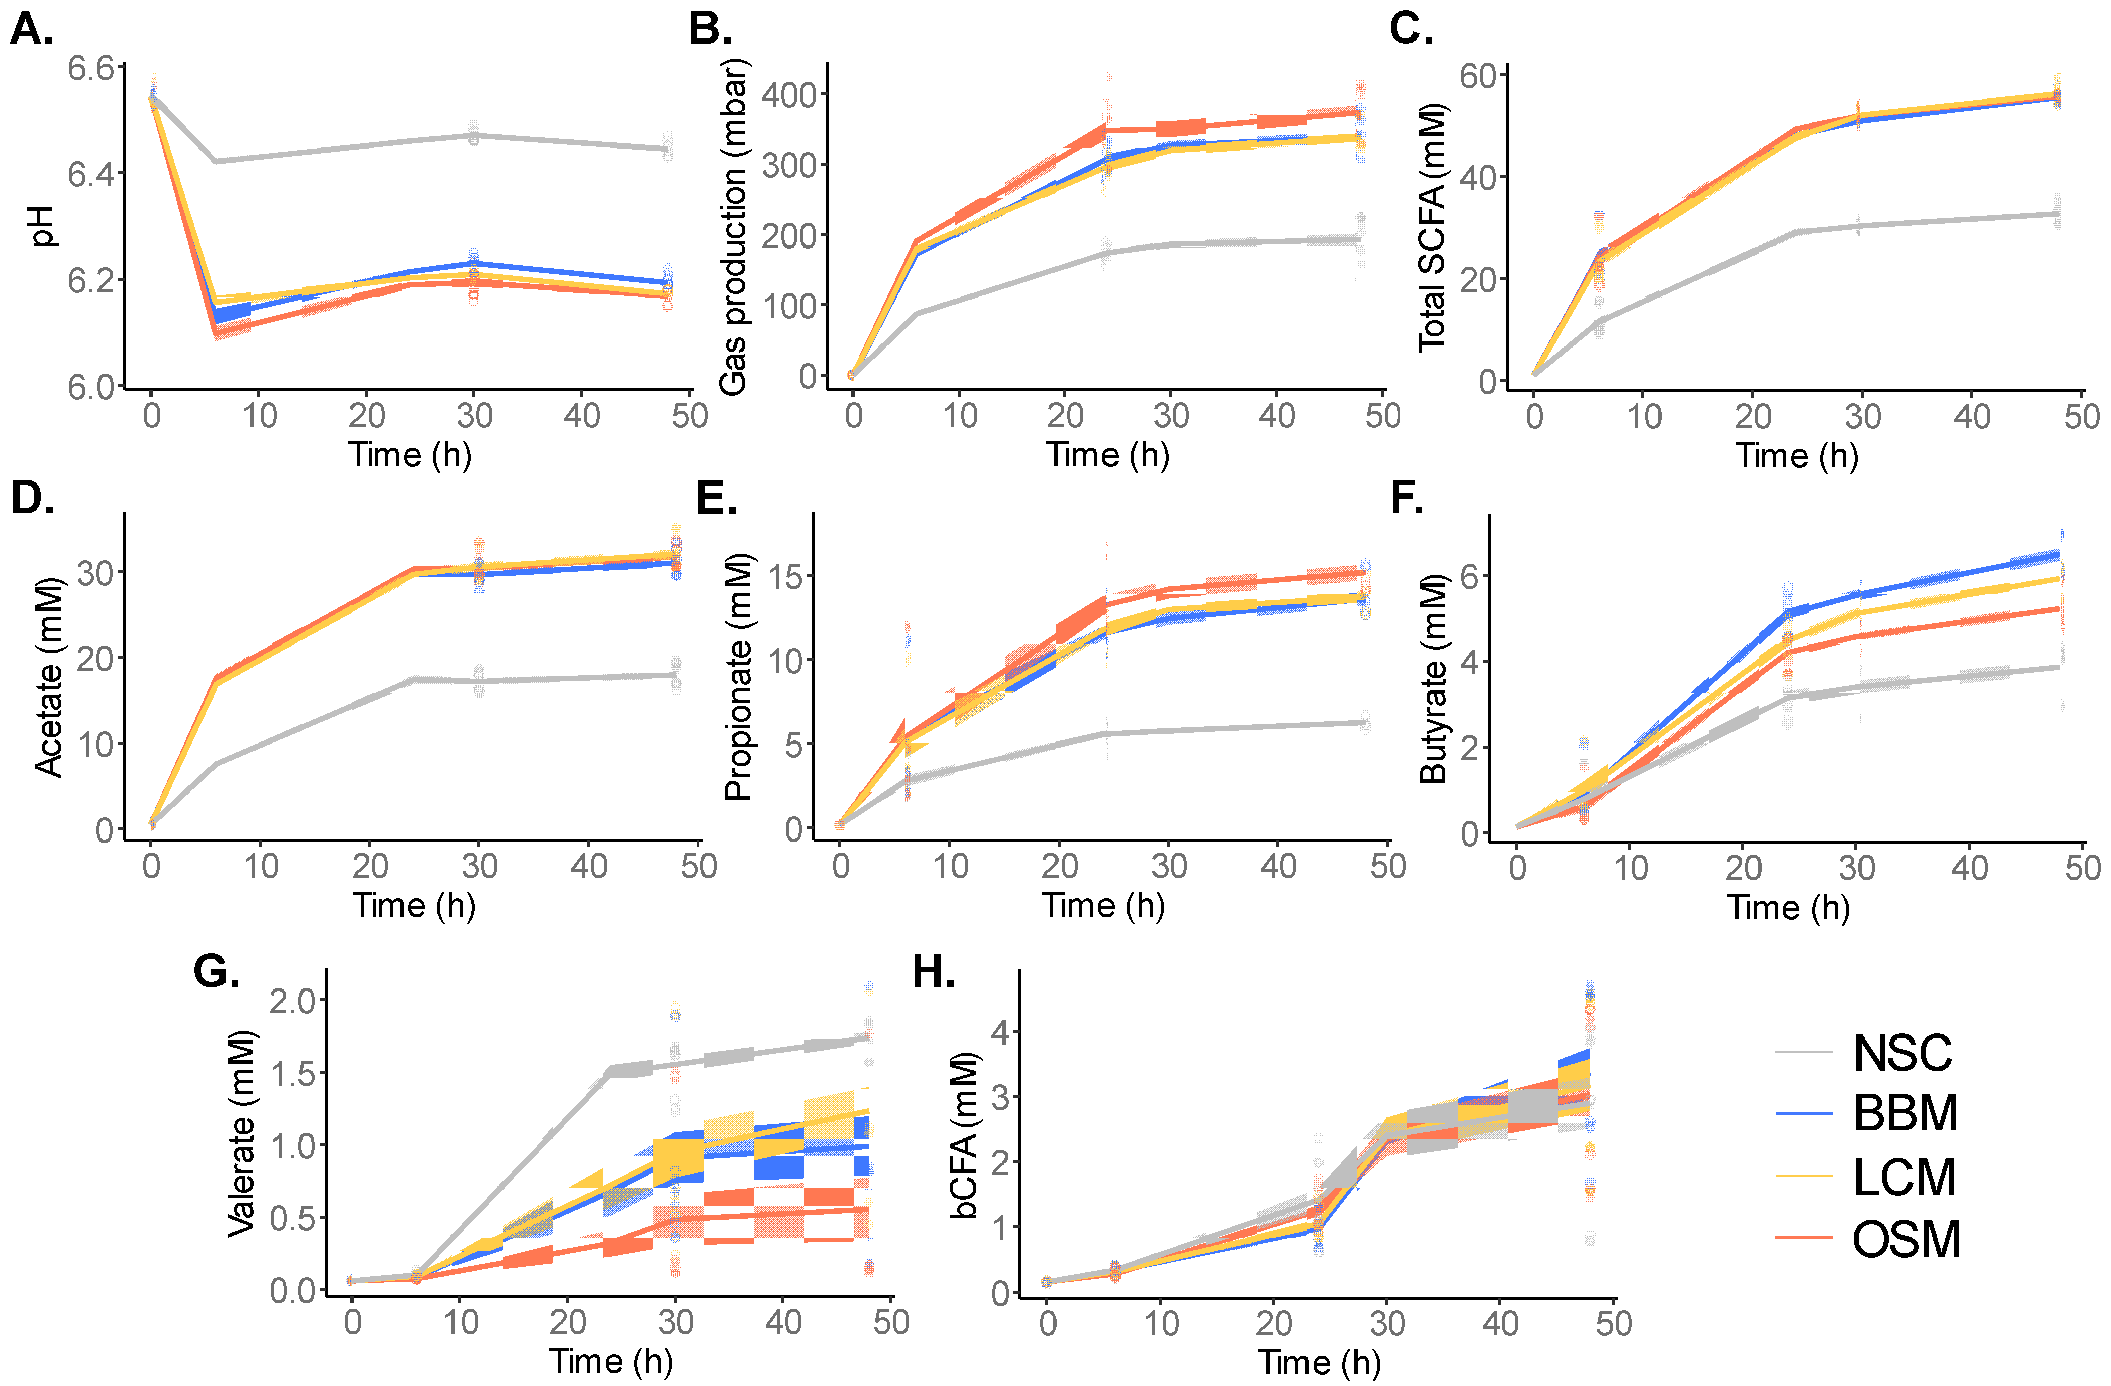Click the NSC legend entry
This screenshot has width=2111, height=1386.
coord(1902,1053)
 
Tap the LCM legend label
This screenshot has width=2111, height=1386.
coord(1903,1177)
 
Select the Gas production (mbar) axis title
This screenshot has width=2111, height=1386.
coord(733,227)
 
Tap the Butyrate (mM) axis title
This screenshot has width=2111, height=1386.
coord(1432,679)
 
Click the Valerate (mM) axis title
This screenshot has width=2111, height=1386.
coord(241,1134)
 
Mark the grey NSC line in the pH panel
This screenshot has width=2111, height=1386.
coord(408,142)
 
